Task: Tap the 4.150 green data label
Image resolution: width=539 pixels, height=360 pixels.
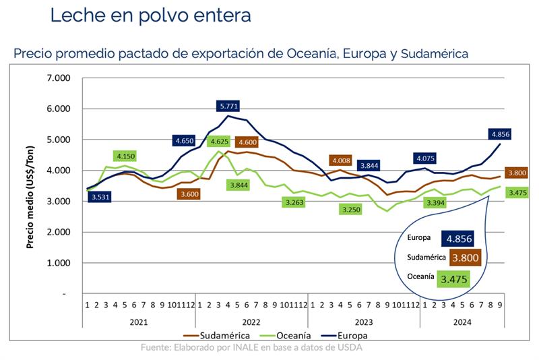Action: [126, 156]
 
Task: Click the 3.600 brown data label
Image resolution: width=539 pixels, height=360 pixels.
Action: [190, 194]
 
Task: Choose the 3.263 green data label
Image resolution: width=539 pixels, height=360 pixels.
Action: [295, 202]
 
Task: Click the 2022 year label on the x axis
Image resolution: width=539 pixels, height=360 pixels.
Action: [251, 322]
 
